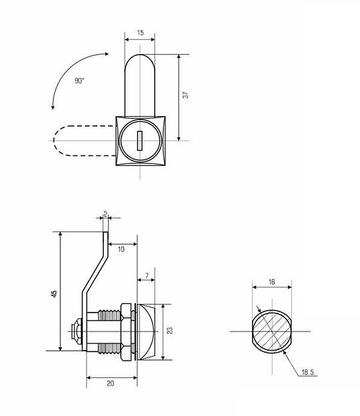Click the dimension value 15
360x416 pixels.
click(x=141, y=33)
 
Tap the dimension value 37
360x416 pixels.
click(x=186, y=95)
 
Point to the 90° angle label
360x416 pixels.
click(x=79, y=81)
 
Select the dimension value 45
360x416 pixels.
click(x=54, y=294)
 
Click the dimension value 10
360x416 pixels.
click(x=121, y=249)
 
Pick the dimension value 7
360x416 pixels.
click(x=147, y=276)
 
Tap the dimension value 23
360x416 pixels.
click(x=170, y=331)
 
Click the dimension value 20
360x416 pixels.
click(x=111, y=383)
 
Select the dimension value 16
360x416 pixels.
click(x=271, y=282)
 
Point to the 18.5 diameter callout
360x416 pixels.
click(x=308, y=372)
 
